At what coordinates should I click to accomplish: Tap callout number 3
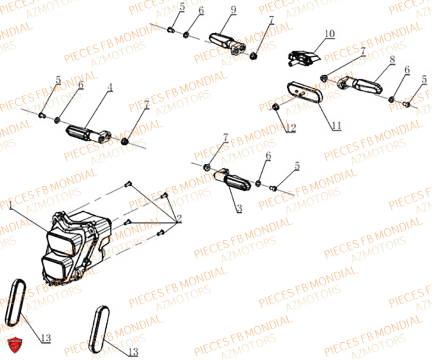(239, 208)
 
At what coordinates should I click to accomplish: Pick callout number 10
(329, 33)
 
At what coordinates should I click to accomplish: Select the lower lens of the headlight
(55, 264)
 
